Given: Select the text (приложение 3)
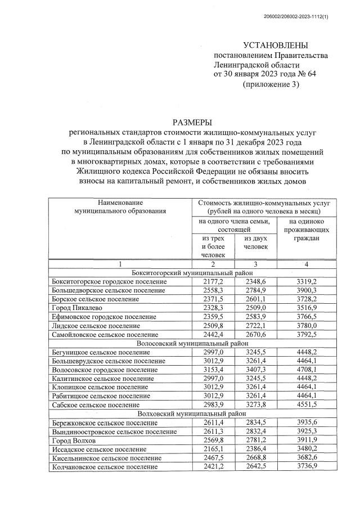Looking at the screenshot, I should click(x=270, y=84).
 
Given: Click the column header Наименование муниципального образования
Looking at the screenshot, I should click(x=120, y=206).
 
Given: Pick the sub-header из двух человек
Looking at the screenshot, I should click(x=256, y=242).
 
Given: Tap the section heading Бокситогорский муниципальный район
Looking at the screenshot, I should click(x=192, y=272).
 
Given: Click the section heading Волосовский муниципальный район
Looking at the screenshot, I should click(x=192, y=344).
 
